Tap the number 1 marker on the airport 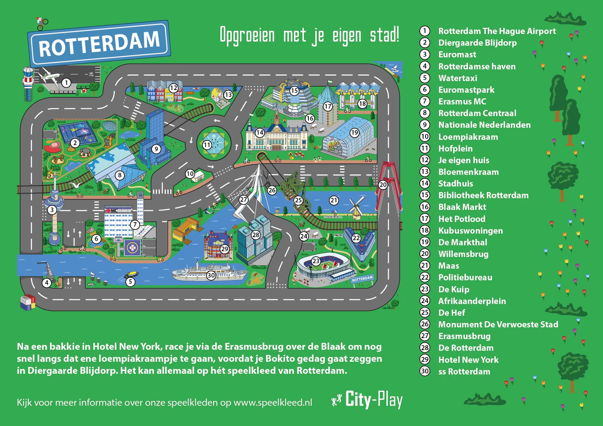66,83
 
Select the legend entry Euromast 457,55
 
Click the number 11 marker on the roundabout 207,145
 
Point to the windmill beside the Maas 356,207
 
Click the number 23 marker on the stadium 316,261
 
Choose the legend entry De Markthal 462,243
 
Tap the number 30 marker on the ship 211,275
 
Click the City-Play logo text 373,400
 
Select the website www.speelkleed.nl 272,403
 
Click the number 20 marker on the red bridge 383,185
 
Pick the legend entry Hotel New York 468,360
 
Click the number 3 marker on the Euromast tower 52,210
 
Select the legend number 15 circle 425,195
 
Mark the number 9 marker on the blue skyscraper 156,149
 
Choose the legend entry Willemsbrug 463,254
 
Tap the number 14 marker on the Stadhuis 260,133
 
